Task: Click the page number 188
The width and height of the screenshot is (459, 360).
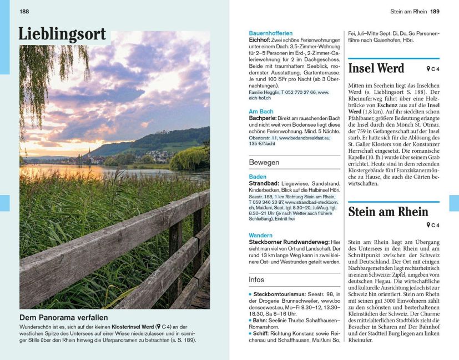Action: pos(24,11)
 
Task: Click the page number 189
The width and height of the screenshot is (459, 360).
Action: pos(435,11)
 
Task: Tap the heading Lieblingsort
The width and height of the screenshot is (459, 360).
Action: pos(62,34)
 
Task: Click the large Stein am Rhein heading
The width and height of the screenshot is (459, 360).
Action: pos(388,212)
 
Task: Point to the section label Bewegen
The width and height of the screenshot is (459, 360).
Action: pos(264,163)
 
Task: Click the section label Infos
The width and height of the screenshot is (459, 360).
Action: pos(256,279)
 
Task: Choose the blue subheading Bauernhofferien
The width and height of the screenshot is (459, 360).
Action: pos(270,33)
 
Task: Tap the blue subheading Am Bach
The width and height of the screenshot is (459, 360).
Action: pos(261,112)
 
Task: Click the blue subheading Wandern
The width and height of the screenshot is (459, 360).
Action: pos(261,236)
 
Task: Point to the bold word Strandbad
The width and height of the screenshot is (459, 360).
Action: pos(264,183)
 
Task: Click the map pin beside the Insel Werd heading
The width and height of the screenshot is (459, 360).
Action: pos(428,69)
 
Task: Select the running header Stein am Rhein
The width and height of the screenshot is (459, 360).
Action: pos(408,11)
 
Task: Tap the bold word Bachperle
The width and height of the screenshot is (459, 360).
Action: pos(263,118)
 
